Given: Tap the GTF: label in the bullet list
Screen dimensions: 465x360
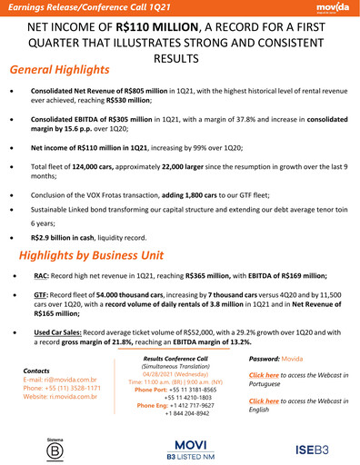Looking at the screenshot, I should pyautogui.click(x=41, y=295).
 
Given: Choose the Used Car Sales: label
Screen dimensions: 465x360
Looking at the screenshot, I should pyautogui.click(x=60, y=332).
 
